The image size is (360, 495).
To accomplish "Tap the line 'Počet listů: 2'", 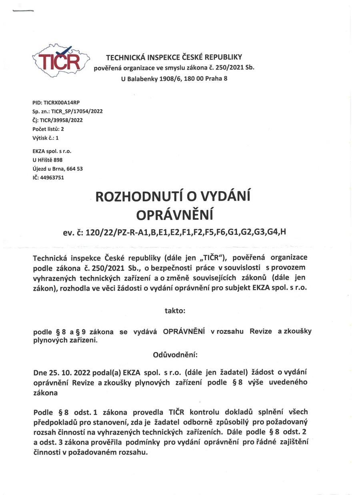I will point(48,129).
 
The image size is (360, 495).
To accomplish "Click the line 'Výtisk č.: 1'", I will point(45,137).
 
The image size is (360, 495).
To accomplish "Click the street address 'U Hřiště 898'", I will point(48,160).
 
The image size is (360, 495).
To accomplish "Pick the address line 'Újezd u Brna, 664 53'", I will point(58,168).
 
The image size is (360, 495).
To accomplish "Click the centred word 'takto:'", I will point(175,310).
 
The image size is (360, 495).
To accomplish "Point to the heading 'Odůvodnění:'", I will point(175,355).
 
